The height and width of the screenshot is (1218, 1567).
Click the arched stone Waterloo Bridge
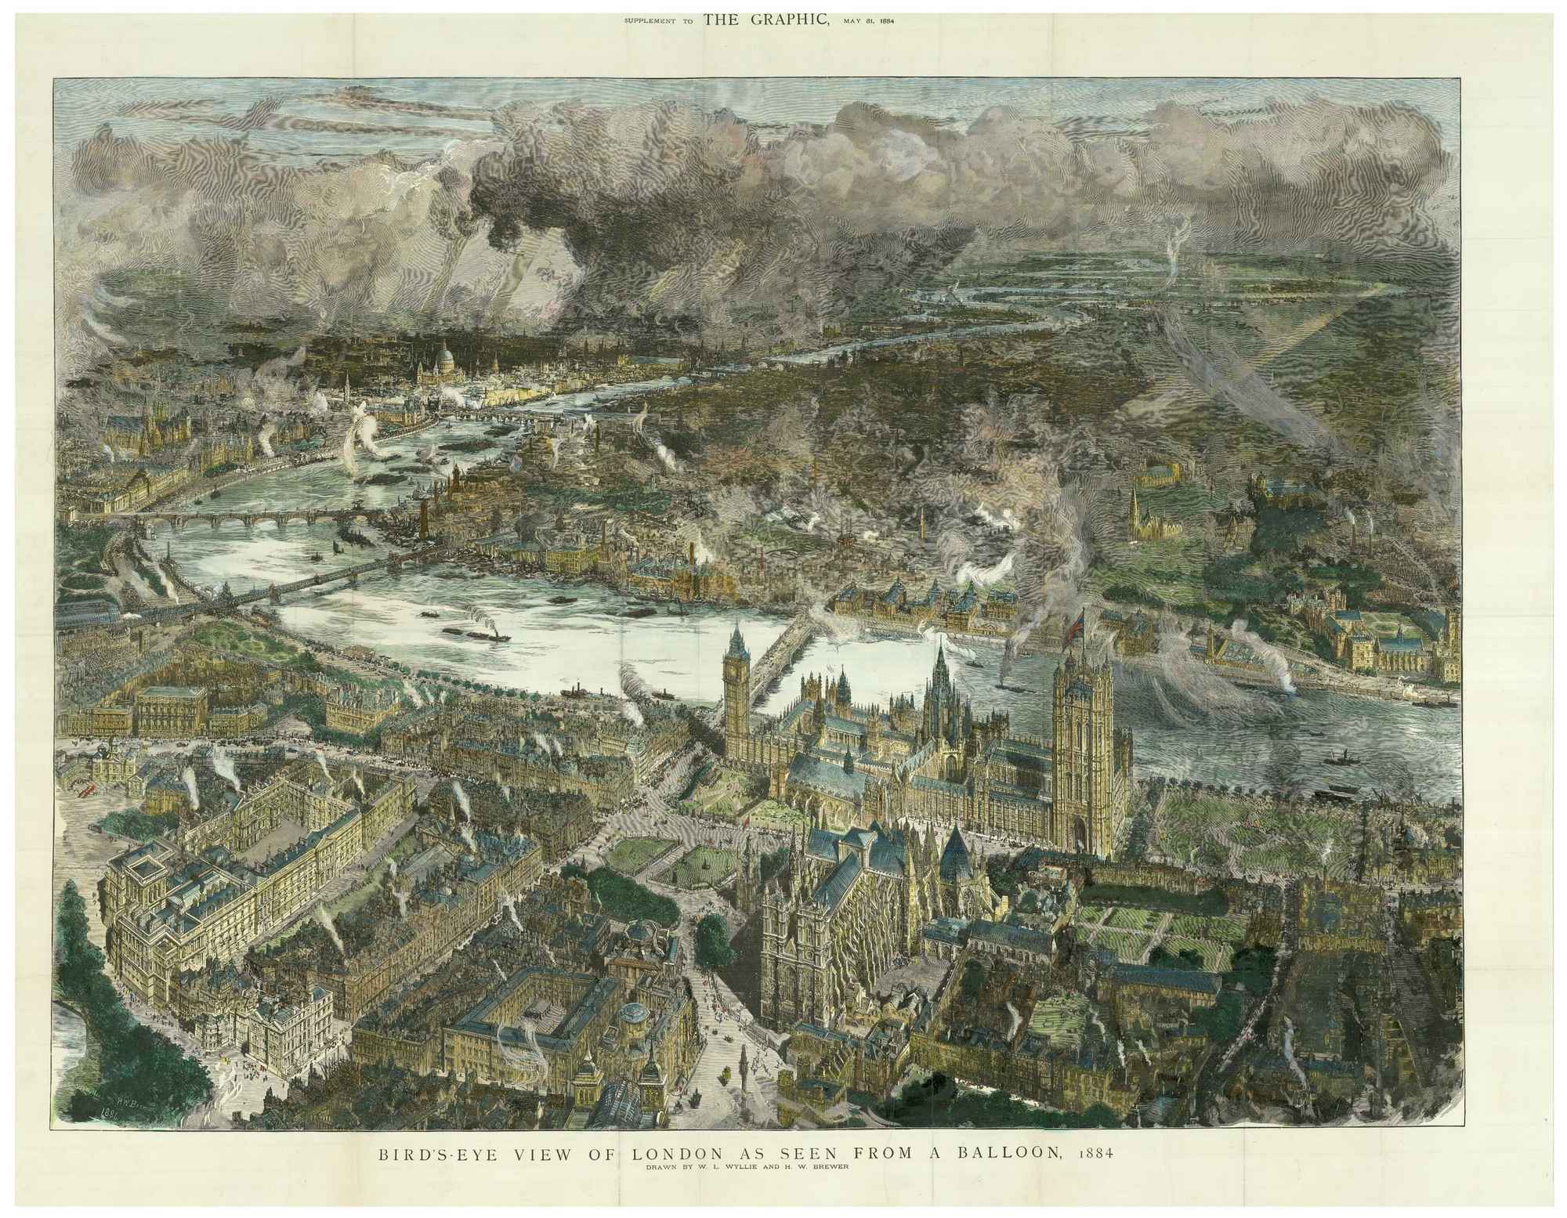(251, 517)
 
